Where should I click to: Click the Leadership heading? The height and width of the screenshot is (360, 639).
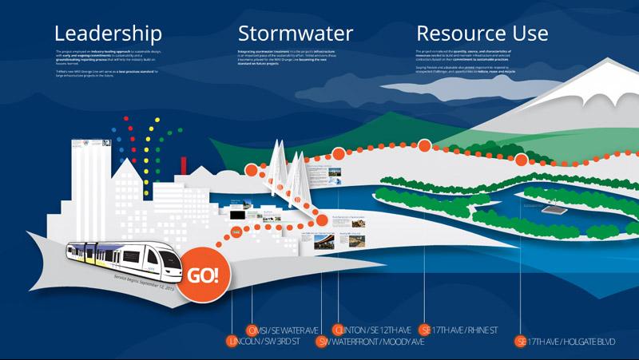(x=107, y=33)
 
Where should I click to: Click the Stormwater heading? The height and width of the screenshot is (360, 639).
(x=295, y=33)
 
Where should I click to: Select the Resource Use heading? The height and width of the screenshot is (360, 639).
(x=482, y=33)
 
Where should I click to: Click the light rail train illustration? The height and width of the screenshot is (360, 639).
(x=128, y=255)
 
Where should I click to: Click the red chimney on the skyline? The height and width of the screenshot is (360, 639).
(x=184, y=166)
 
